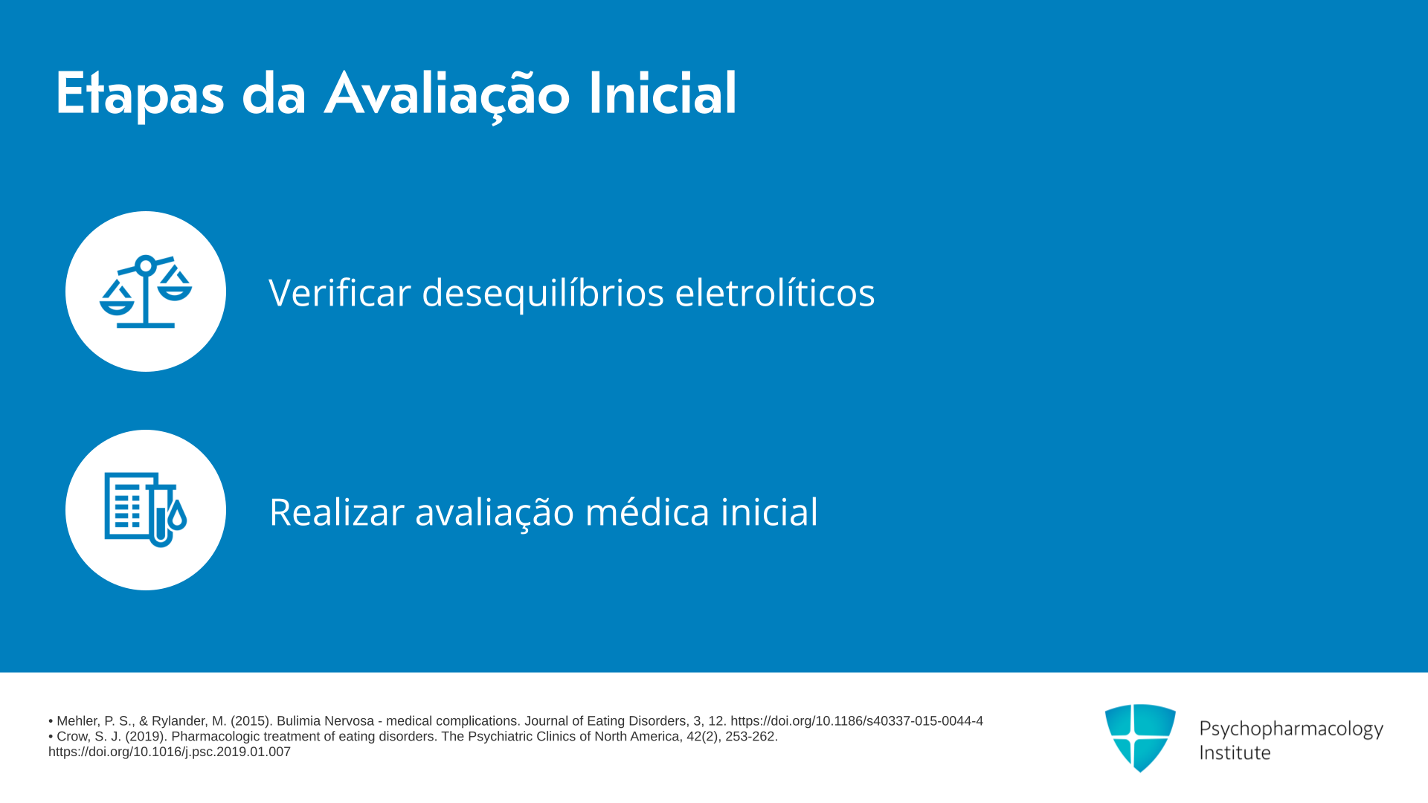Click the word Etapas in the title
pyautogui.click(x=140, y=94)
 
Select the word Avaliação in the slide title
pyautogui.click(x=447, y=94)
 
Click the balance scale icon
pyautogui.click(x=146, y=291)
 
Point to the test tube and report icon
pyautogui.click(x=146, y=510)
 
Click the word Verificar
pyautogui.click(x=340, y=292)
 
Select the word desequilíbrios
pyautogui.click(x=543, y=293)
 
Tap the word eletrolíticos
pyautogui.click(x=775, y=292)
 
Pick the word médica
pyautogui.click(x=648, y=512)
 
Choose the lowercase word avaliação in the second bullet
pyautogui.click(x=495, y=513)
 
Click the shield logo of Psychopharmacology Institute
pyautogui.click(x=1140, y=738)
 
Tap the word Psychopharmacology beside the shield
pyautogui.click(x=1291, y=729)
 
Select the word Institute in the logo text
pyautogui.click(x=1235, y=752)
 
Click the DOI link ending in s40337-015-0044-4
pyautogui.click(x=857, y=721)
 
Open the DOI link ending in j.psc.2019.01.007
pyautogui.click(x=170, y=752)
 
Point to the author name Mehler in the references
pyautogui.click(x=78, y=721)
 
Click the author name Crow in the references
pyautogui.click(x=73, y=737)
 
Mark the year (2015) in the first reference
pyautogui.click(x=250, y=721)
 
